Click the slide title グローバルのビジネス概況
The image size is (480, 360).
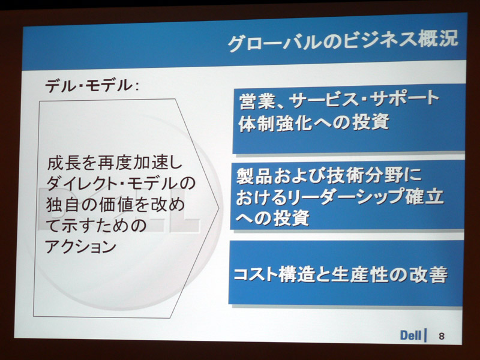coord(343,41)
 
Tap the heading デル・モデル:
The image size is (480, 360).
coord(92,85)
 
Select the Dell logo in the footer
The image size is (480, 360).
coord(410,335)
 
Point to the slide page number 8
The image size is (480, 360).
coord(441,336)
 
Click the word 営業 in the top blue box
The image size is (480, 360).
coord(257,101)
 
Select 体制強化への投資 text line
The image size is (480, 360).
coord(314,123)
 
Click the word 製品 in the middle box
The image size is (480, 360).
coord(254,176)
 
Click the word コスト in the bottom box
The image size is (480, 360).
coord(256,274)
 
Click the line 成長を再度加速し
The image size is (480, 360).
coord(115,163)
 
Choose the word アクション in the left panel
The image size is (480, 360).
coord(81,247)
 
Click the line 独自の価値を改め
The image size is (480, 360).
coord(115,205)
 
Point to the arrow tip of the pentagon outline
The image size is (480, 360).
coord(219,208)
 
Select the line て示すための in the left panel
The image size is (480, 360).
coord(97,226)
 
